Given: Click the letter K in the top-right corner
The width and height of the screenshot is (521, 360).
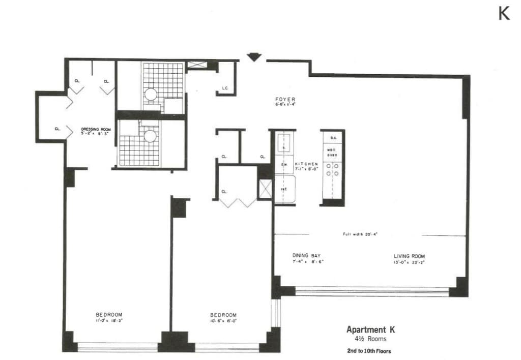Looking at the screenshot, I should [x=504, y=14].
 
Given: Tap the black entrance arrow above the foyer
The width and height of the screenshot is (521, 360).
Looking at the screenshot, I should [x=253, y=57].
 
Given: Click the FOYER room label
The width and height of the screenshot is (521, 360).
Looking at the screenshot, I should [x=285, y=99].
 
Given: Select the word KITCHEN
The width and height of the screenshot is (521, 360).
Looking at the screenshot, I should [x=306, y=164].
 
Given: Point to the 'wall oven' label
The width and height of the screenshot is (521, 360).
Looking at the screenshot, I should [x=332, y=152].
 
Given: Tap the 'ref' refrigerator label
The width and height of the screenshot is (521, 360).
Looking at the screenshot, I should [x=283, y=189].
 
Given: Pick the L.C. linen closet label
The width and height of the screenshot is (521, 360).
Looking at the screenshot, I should [x=225, y=88].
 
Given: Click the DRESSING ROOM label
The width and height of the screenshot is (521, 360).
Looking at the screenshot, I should [x=96, y=130].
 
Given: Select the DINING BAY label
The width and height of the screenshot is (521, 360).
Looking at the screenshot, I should [x=306, y=256].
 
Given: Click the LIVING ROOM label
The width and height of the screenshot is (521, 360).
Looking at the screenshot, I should [x=409, y=256].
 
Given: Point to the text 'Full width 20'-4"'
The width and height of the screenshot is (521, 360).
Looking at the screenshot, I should [x=360, y=234].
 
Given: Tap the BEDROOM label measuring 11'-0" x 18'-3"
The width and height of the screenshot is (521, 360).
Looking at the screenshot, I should [x=109, y=314].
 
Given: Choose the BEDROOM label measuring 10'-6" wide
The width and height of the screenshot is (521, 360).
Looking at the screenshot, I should [x=223, y=314].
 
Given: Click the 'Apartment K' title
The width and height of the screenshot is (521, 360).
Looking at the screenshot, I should [x=370, y=329].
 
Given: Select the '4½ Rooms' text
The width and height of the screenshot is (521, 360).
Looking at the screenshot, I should [x=370, y=339].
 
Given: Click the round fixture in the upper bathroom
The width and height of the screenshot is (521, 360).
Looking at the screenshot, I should [x=151, y=94].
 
